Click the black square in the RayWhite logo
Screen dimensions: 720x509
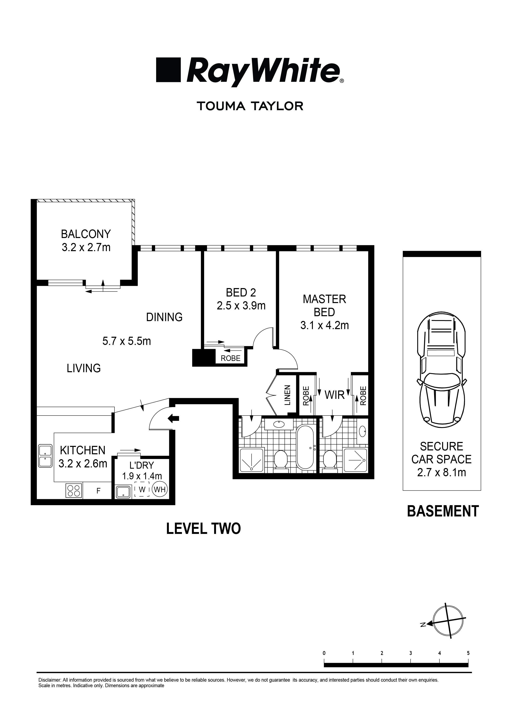(168, 70)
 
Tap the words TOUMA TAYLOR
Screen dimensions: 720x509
(250, 106)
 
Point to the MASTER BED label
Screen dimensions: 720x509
(324, 306)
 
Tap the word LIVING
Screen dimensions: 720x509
(83, 368)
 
